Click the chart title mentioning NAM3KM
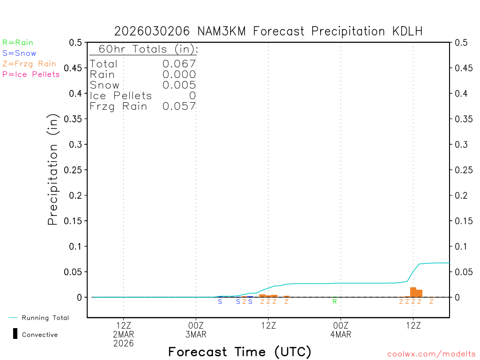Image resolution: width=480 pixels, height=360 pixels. [x=269, y=31]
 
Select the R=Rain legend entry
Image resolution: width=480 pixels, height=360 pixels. [x=18, y=43]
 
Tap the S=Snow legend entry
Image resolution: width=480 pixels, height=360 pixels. [x=19, y=53]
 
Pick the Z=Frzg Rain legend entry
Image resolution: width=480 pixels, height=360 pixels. [x=29, y=64]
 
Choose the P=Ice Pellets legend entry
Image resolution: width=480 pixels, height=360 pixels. [x=31, y=74]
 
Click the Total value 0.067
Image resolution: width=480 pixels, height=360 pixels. [x=179, y=64]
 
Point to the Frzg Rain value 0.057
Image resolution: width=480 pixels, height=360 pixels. [x=179, y=106]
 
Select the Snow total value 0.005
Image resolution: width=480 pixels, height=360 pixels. [x=179, y=85]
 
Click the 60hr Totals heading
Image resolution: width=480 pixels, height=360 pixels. [x=144, y=49]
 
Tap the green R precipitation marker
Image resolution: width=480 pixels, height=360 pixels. [x=335, y=301]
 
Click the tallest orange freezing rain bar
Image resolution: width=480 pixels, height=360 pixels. [x=413, y=292]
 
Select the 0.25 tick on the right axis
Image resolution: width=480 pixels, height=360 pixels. [x=462, y=170]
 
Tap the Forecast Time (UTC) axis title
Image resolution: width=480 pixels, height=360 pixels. [x=240, y=352]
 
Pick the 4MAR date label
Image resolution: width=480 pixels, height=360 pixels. [x=341, y=335]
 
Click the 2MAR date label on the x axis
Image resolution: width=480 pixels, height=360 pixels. [x=123, y=335]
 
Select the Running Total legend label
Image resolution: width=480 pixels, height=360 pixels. [x=45, y=318]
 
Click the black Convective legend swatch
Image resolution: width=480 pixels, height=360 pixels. [x=15, y=334]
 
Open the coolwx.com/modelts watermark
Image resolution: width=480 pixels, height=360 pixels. [x=431, y=354]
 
